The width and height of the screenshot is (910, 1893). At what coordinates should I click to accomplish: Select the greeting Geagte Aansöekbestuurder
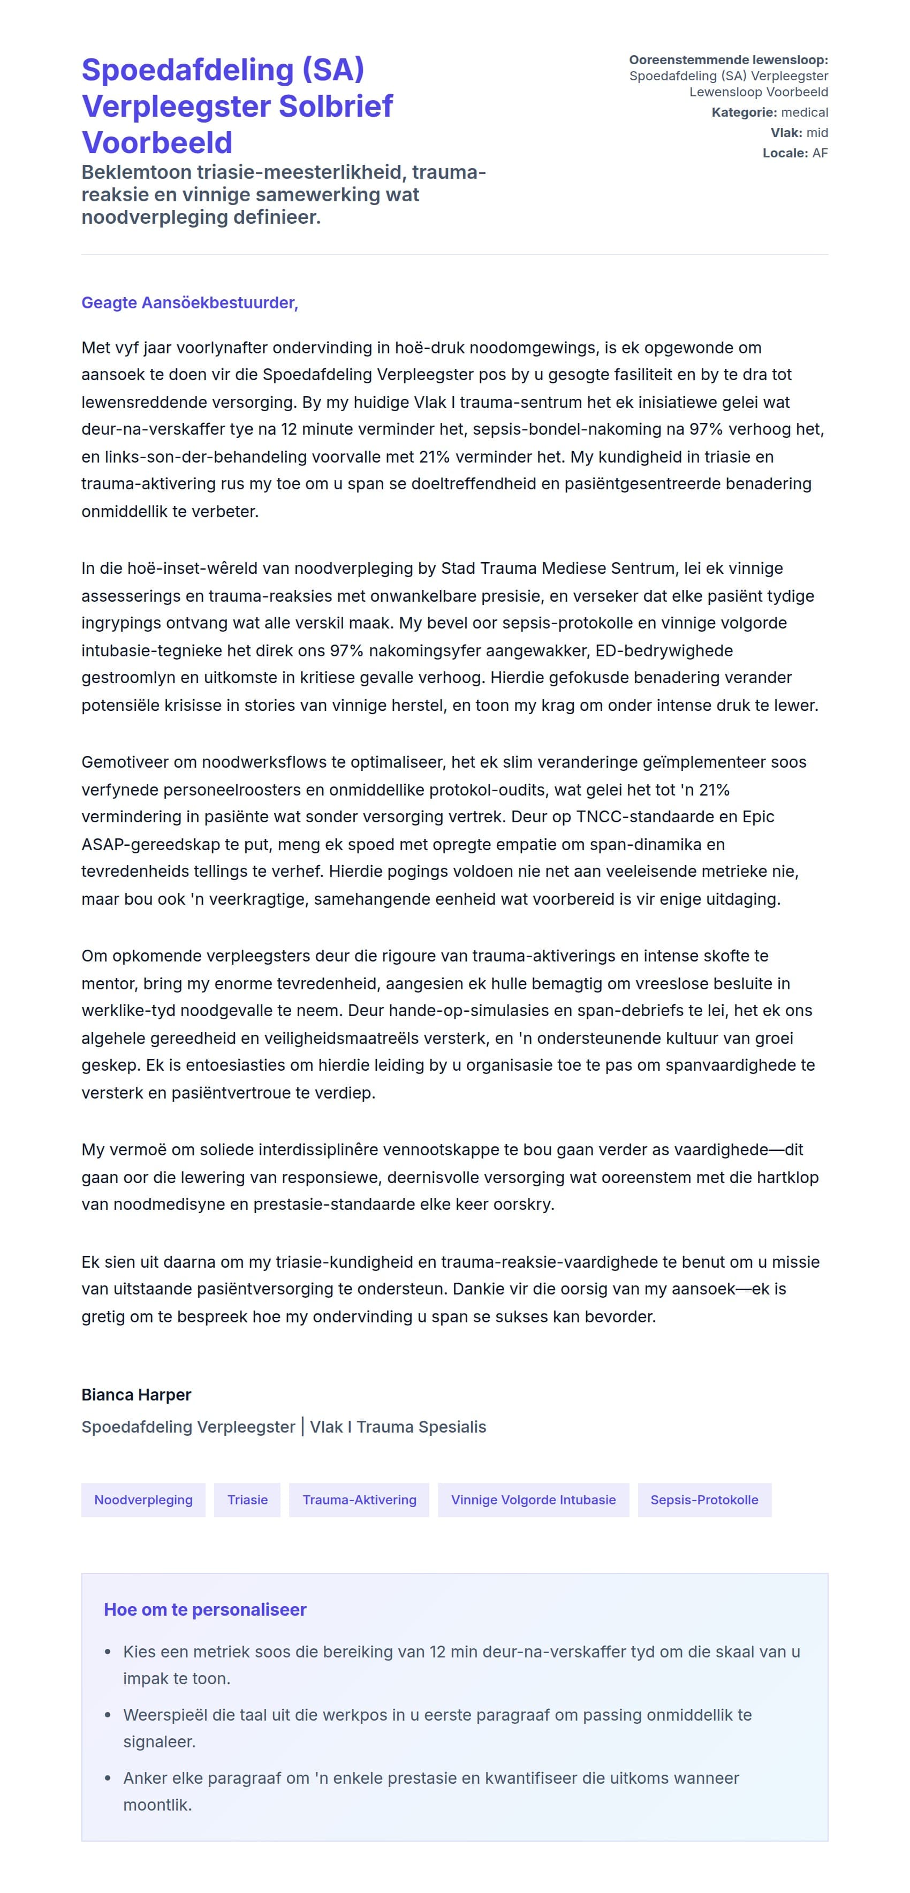[x=189, y=303]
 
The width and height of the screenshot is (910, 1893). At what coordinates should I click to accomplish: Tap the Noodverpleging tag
[x=143, y=1500]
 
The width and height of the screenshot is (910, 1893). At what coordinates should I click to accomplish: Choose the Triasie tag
[x=247, y=1500]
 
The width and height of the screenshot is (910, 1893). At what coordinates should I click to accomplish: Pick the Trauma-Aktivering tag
[x=359, y=1500]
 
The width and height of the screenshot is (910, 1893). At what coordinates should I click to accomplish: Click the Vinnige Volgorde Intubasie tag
[x=533, y=1500]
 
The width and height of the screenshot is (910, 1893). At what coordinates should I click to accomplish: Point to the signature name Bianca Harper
[x=136, y=1395]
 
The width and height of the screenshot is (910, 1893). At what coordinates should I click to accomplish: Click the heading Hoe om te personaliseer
[x=204, y=1609]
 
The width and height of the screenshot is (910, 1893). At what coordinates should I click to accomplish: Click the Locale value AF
[x=820, y=153]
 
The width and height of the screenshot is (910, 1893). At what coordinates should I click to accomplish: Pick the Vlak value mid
[x=817, y=133]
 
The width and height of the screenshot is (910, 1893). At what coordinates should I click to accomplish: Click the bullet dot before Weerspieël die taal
[x=108, y=1715]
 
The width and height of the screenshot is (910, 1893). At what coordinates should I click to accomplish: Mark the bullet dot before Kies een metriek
[x=108, y=1652]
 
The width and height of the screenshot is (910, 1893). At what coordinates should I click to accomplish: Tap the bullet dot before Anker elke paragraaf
[x=108, y=1778]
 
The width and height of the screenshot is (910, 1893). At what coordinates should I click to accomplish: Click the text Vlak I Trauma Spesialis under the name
[x=398, y=1427]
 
